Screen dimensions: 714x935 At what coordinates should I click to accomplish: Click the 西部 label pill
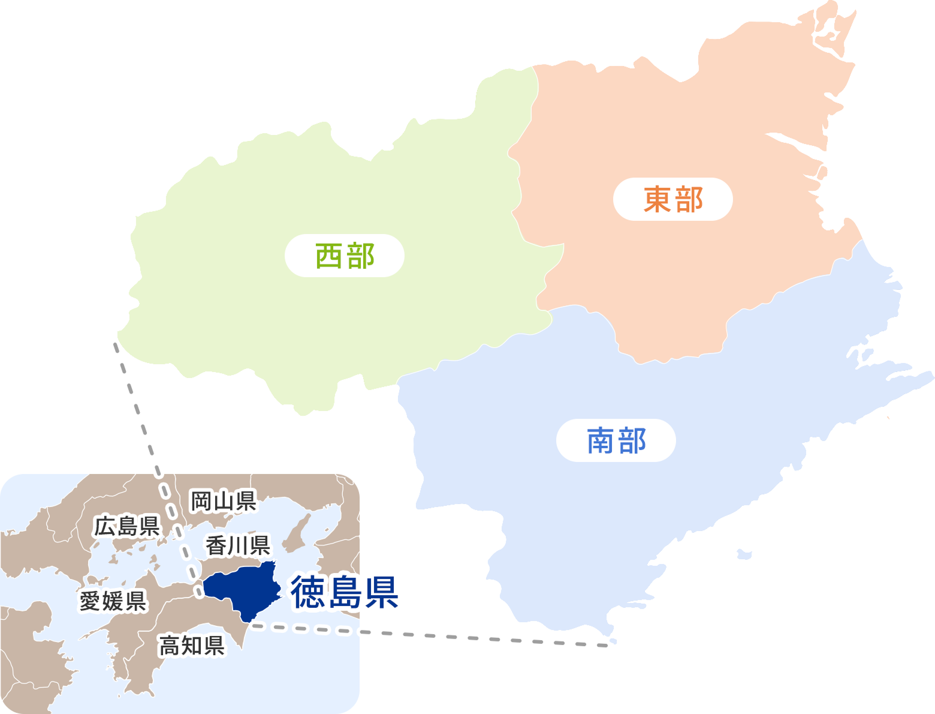[345, 256]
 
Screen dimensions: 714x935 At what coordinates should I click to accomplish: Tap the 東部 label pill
[672, 199]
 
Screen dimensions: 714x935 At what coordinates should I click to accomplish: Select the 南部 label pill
[616, 440]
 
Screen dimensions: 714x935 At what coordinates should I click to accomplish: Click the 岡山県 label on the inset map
[223, 500]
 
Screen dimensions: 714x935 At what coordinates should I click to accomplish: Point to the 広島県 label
[127, 527]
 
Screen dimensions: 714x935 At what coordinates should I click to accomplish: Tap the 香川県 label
[238, 546]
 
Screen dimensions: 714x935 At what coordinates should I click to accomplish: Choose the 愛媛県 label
[113, 601]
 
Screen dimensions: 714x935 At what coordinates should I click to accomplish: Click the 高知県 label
[192, 646]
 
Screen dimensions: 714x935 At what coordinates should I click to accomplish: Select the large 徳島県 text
[345, 592]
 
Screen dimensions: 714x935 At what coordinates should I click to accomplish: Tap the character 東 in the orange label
[657, 199]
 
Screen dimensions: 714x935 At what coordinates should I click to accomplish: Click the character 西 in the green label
[329, 256]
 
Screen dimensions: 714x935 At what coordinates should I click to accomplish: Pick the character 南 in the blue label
[601, 440]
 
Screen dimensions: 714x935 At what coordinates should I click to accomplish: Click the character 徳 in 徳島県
[309, 592]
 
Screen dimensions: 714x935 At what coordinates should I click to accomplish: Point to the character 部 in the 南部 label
[632, 440]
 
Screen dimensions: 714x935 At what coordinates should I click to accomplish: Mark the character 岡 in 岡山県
[201, 500]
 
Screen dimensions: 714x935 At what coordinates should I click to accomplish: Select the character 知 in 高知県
[192, 646]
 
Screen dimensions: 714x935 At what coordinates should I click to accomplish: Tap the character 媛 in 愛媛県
[113, 601]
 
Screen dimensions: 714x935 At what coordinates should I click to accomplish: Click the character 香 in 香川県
[216, 546]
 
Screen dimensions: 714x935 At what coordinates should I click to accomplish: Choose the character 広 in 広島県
[105, 527]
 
